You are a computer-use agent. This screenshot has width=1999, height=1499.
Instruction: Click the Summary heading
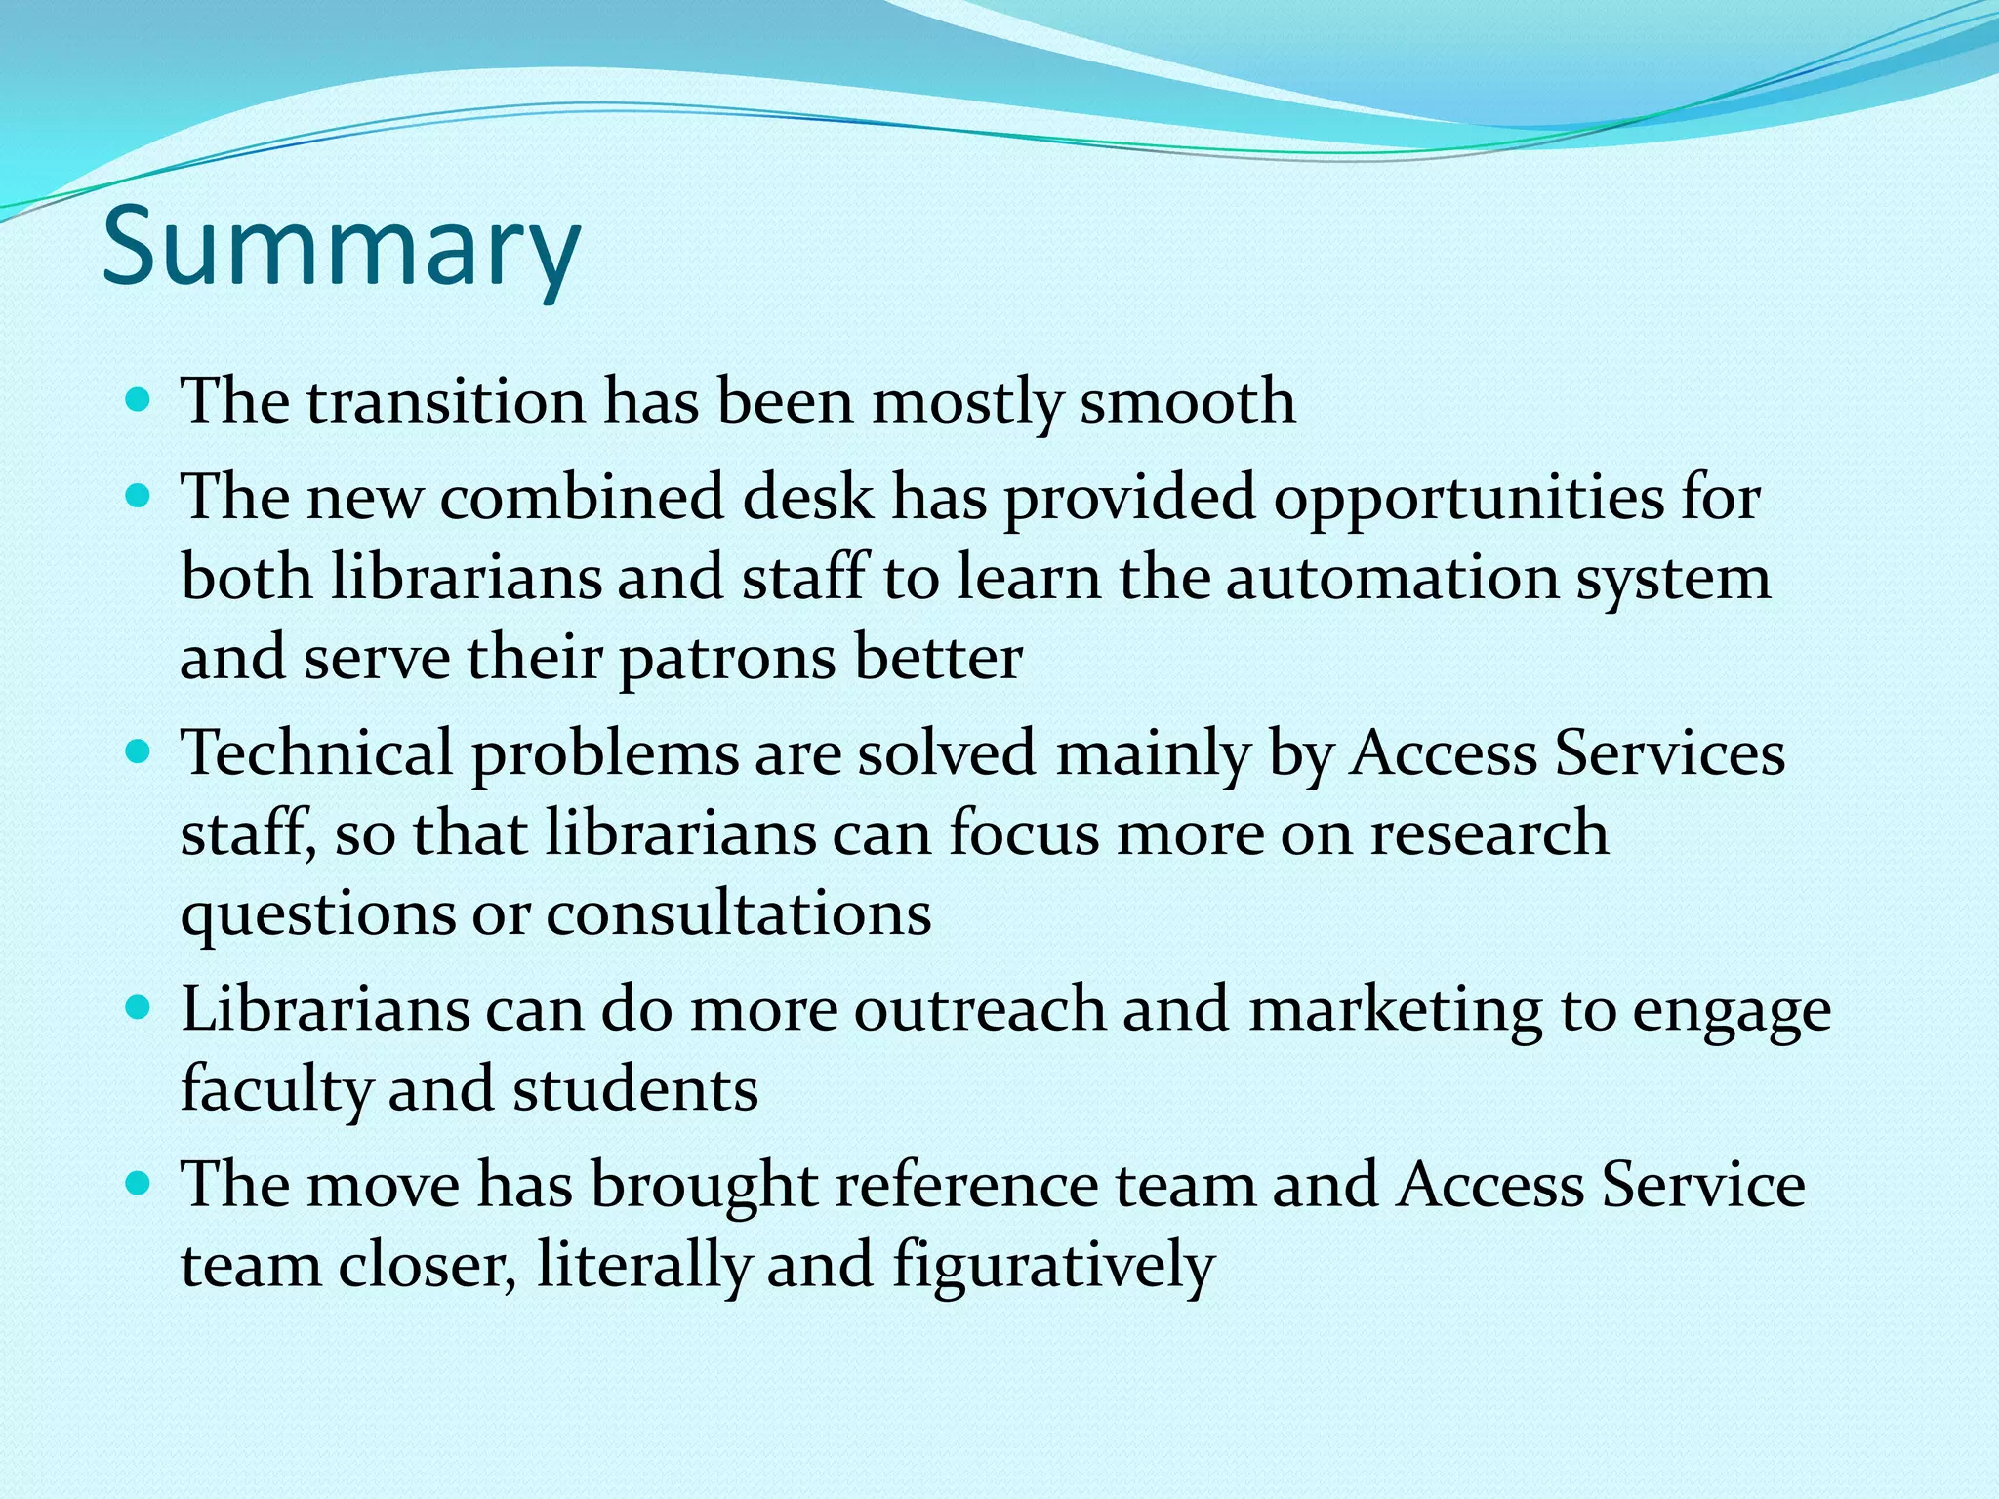(x=342, y=248)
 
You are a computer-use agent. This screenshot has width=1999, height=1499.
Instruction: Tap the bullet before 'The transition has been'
(x=140, y=400)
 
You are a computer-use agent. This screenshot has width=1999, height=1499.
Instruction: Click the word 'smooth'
(x=1187, y=402)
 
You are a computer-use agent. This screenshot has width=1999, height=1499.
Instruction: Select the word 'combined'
(x=582, y=498)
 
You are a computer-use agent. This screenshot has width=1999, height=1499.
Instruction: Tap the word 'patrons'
(x=727, y=659)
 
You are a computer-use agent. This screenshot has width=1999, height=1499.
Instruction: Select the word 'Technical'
(x=317, y=753)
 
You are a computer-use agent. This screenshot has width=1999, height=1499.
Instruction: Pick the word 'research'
(x=1489, y=834)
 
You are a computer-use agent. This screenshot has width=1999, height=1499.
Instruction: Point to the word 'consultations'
(x=739, y=914)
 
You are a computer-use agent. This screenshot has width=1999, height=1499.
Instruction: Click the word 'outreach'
(x=980, y=1009)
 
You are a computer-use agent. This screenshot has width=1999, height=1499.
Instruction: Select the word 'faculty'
(x=274, y=1090)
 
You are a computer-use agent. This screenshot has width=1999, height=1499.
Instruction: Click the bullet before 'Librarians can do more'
(x=140, y=1008)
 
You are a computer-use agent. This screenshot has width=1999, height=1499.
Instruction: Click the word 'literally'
(x=643, y=1266)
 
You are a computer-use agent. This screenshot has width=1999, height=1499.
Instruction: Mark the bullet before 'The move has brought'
(x=140, y=1184)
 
